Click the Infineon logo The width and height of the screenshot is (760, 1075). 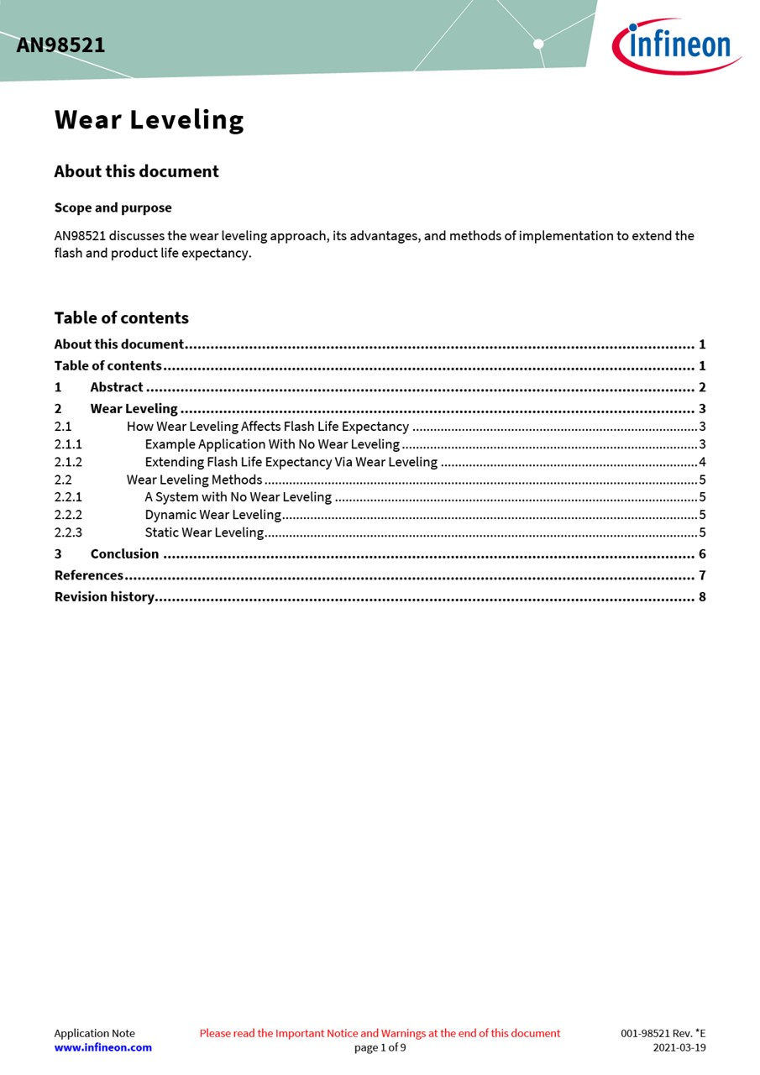point(676,46)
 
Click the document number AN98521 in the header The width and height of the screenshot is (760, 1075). point(60,45)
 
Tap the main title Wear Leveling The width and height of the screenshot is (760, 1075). point(149,120)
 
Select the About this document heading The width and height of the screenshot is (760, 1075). point(136,171)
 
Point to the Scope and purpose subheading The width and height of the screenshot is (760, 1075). point(113,207)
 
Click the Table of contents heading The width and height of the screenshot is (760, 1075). point(121,317)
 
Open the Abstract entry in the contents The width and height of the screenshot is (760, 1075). point(117,387)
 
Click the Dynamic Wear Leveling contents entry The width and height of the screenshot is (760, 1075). point(212,515)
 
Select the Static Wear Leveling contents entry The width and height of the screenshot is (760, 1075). point(204,532)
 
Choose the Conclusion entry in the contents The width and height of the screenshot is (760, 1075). point(124,553)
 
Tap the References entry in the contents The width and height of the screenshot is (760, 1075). point(88,575)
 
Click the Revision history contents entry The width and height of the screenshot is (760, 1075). point(104,597)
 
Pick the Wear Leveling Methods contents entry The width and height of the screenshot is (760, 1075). point(194,480)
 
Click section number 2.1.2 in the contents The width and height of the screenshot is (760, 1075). point(68,462)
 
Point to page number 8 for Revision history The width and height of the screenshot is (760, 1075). point(702,597)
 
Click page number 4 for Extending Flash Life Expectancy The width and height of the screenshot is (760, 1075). point(702,462)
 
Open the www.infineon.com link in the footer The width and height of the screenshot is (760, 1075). point(102,1047)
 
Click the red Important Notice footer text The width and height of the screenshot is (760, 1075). point(380,1033)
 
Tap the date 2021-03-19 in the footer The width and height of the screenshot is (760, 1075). point(679,1047)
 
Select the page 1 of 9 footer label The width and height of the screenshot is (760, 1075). point(380,1047)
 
